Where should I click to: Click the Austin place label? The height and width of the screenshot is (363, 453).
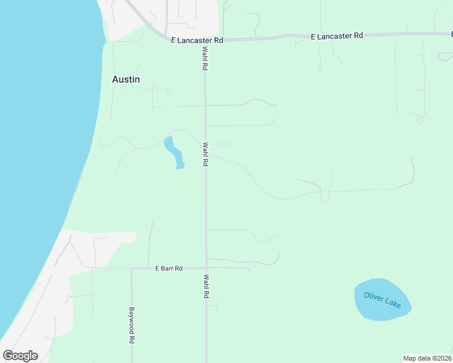pyautogui.click(x=126, y=79)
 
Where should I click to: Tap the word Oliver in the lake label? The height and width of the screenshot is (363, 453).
pyautogui.click(x=374, y=296)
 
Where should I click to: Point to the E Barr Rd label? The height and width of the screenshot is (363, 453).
pyautogui.click(x=169, y=268)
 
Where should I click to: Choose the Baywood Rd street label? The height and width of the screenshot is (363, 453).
pyautogui.click(x=131, y=325)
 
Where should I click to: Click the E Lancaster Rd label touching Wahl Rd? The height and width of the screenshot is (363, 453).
pyautogui.click(x=197, y=40)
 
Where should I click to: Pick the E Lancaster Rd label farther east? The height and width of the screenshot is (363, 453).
pyautogui.click(x=336, y=36)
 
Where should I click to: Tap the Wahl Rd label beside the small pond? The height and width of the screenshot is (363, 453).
pyautogui.click(x=206, y=154)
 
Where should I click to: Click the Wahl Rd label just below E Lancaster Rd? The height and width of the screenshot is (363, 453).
pyautogui.click(x=205, y=59)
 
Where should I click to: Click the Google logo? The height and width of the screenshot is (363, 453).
pyautogui.click(x=20, y=356)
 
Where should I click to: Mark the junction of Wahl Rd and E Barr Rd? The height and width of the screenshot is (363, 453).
pyautogui.click(x=206, y=268)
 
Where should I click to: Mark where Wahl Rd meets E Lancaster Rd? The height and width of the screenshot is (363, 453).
pyautogui.click(x=204, y=40)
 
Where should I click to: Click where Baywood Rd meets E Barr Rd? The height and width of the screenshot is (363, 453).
pyautogui.click(x=131, y=268)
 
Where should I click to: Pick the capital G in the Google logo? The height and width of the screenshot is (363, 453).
pyautogui.click(x=8, y=356)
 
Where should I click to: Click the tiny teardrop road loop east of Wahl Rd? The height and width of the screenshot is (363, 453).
pyautogui.click(x=420, y=120)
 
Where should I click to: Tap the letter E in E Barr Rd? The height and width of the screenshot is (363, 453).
pyautogui.click(x=157, y=268)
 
